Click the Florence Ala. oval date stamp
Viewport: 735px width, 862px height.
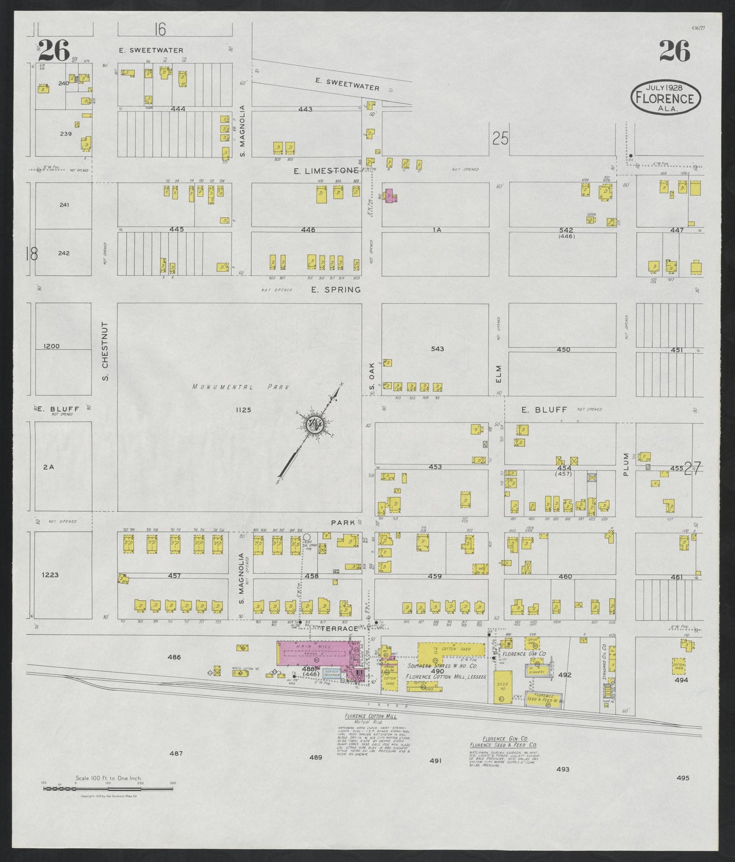[x=665, y=96]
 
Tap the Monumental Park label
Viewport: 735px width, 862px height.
[x=241, y=387]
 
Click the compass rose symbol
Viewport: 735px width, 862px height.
[x=312, y=424]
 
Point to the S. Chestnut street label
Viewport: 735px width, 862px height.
[x=105, y=351]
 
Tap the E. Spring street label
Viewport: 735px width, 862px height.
[x=336, y=290]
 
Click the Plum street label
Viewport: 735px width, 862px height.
[x=626, y=464]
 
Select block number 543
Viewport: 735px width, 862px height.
[x=437, y=349]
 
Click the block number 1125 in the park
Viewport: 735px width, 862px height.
[x=243, y=410]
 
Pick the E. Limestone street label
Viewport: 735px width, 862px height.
[x=326, y=171]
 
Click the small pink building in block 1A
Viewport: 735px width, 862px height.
[x=391, y=196]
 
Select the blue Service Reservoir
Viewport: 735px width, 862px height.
[x=332, y=673]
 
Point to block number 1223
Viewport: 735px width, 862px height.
[x=50, y=575]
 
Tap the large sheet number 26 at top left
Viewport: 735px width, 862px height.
[x=53, y=50]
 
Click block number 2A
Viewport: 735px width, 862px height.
[x=48, y=466]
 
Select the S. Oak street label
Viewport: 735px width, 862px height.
[x=372, y=378]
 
